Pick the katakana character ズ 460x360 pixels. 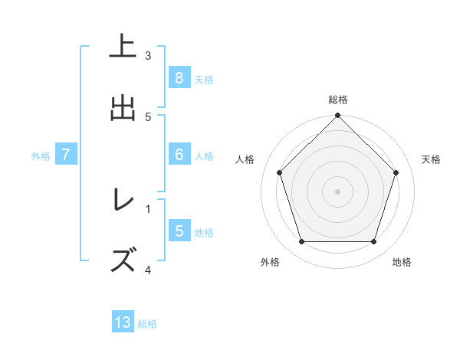tap(123, 260)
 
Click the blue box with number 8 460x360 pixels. tap(179, 77)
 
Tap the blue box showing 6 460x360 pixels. tap(179, 154)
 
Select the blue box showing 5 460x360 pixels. tap(179, 231)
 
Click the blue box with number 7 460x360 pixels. tap(67, 154)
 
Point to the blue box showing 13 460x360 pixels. tap(123, 322)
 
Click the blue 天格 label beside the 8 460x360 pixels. tap(203, 79)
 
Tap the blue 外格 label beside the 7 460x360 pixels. tap(41, 156)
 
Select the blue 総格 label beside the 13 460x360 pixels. tap(147, 324)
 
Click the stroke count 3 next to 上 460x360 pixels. tap(148, 55)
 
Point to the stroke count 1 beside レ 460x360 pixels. tap(148, 207)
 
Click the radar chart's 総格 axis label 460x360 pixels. tap(338, 100)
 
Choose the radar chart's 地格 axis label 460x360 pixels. tap(402, 262)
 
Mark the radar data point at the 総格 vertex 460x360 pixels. tap(337, 116)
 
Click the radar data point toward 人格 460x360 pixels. tap(279, 173)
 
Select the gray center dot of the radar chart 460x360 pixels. tap(337, 191)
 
